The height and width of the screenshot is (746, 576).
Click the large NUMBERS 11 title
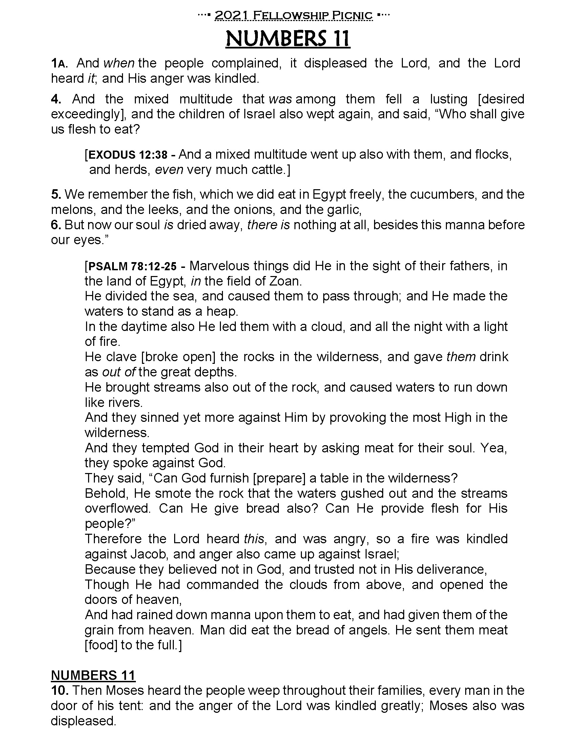tap(288, 39)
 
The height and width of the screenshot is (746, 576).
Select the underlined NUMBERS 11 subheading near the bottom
tap(93, 675)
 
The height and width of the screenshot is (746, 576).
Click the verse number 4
tap(56, 99)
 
